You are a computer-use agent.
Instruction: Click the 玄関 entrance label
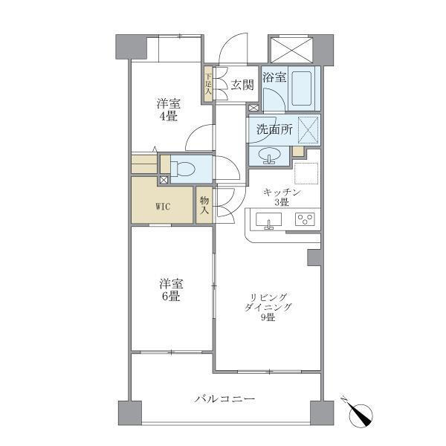pyautogui.click(x=242, y=85)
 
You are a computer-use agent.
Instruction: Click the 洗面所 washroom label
pyautogui.click(x=274, y=129)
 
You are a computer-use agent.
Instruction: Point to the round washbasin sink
pyautogui.click(x=268, y=155)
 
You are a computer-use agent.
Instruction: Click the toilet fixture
pyautogui.click(x=185, y=167)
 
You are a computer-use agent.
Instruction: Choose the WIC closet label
pyautogui.click(x=163, y=207)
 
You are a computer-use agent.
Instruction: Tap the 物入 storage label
pyautogui.click(x=204, y=205)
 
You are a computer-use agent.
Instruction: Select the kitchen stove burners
pyautogui.click(x=306, y=219)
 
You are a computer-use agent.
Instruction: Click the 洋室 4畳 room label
pyautogui.click(x=167, y=109)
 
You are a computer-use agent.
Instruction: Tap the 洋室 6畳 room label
pyautogui.click(x=169, y=290)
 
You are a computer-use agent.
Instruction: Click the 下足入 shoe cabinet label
pyautogui.click(x=209, y=84)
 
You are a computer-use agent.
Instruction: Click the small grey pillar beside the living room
pyautogui.click(x=314, y=257)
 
